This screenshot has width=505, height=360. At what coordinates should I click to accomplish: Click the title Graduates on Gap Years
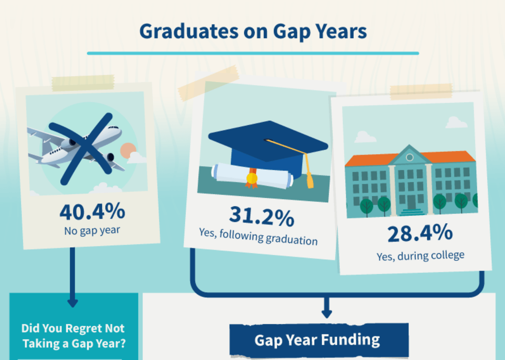click(253, 32)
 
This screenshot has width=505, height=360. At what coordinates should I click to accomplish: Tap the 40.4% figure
click(92, 212)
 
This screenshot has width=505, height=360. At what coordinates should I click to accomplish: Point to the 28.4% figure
click(420, 233)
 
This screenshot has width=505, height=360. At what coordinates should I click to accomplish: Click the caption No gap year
click(92, 230)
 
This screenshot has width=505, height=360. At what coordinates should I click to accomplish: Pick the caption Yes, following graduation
click(258, 237)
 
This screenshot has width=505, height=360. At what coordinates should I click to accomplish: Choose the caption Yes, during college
click(420, 256)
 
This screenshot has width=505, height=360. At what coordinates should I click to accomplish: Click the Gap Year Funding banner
click(319, 340)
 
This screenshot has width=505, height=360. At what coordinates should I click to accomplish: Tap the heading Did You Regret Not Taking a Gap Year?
click(73, 336)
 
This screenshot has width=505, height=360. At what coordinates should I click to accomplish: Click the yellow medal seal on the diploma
click(252, 179)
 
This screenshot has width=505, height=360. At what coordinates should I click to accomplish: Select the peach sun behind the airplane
click(128, 151)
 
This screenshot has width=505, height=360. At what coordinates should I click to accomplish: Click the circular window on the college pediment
click(410, 157)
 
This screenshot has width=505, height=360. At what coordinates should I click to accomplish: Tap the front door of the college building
click(412, 202)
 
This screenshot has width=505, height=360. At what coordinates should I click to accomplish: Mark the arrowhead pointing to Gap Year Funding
click(327, 314)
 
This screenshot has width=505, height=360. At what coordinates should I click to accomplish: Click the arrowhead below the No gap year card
click(73, 303)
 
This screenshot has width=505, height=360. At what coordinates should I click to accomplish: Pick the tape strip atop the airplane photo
click(83, 83)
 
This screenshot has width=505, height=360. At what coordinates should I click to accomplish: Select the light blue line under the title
click(253, 53)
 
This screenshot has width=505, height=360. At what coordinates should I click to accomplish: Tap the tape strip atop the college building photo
click(421, 92)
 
